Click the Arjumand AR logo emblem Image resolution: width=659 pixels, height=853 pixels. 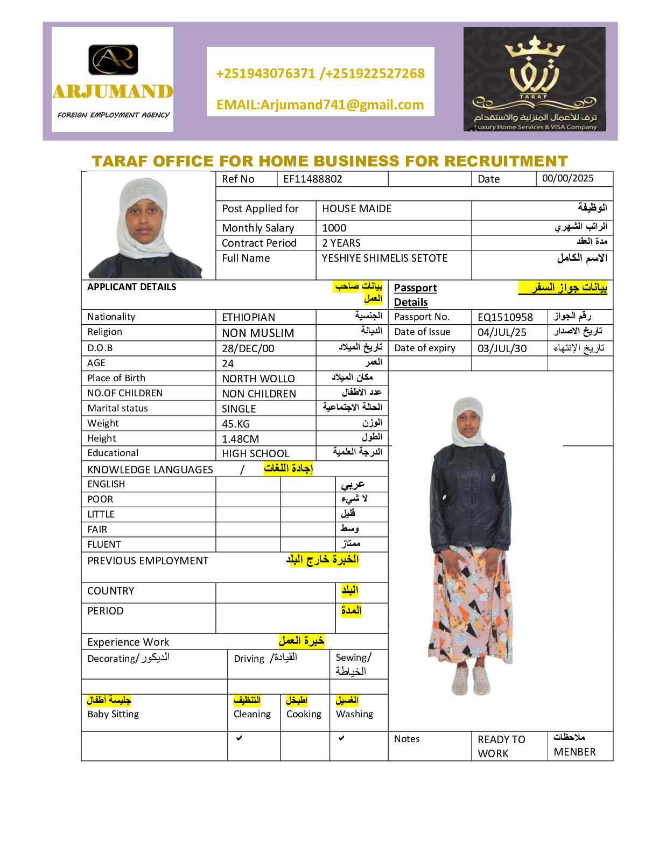tap(113, 59)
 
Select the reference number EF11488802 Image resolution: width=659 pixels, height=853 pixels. tap(313, 179)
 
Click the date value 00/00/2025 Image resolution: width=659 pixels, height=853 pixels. tap(567, 178)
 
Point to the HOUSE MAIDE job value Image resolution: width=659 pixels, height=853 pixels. tap(356, 208)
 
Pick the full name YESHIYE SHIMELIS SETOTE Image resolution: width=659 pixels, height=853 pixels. tap(384, 258)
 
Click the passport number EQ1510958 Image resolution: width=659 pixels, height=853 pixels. tap(505, 317)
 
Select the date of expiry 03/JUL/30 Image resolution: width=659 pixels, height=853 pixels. tap(502, 348)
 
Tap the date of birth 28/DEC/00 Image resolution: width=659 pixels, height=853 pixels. tap(248, 348)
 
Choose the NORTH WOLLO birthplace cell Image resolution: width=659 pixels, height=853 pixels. tap(258, 379)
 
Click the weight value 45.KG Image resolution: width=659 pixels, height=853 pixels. tap(236, 424)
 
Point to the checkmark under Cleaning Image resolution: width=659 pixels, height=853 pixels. tap(239, 738)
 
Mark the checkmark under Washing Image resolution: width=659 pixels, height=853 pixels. tap(341, 738)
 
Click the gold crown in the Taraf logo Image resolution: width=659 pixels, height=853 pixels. tap(535, 48)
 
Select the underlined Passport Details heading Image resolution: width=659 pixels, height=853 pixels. tap(415, 295)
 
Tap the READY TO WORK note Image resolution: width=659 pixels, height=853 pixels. tap(501, 746)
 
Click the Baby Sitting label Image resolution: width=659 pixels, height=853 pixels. tap(113, 714)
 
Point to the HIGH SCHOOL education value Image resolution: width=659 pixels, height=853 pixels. tap(256, 453)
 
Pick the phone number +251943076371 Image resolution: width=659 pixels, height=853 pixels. tap(265, 73)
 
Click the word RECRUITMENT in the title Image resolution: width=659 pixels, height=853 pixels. tap(506, 161)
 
